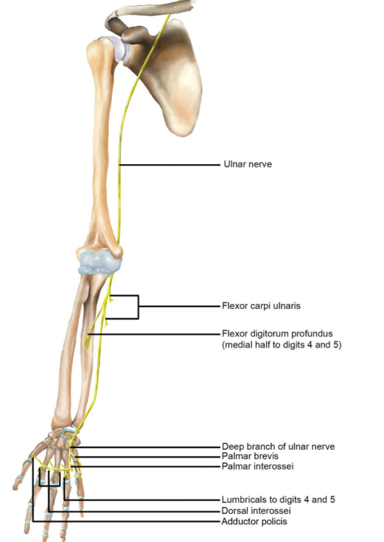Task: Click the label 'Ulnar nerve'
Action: [248, 164]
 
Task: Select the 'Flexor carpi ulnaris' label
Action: [261, 306]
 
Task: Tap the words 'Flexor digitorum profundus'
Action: [277, 333]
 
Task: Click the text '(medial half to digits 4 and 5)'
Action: [281, 345]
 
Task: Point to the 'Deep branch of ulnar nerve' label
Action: [278, 446]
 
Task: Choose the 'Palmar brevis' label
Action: [250, 456]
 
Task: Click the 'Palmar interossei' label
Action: [257, 466]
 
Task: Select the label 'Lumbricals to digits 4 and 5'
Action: [278, 500]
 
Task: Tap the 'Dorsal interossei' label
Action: [256, 511]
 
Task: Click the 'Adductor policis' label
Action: [254, 521]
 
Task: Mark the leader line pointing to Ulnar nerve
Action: [170, 165]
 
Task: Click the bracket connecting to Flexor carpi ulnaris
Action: [138, 306]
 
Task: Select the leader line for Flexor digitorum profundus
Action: [154, 334]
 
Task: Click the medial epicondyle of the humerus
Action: [117, 252]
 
